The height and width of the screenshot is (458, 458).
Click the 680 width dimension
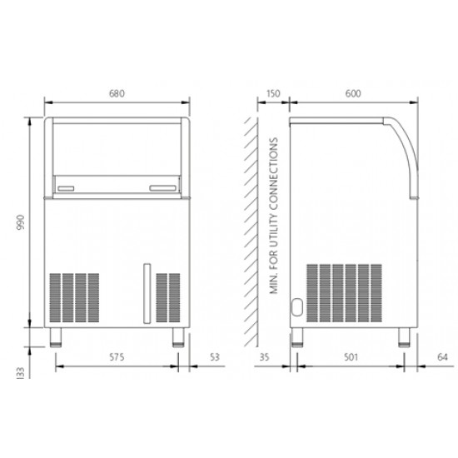pyautogui.click(x=117, y=93)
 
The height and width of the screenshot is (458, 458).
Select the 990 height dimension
pyautogui.click(x=21, y=222)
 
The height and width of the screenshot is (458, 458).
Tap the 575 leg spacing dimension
pyautogui.click(x=117, y=357)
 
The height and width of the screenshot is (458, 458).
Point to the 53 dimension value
pyautogui.click(x=215, y=357)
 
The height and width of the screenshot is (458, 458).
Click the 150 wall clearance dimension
pyautogui.click(x=273, y=93)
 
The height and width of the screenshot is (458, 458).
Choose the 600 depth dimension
pyautogui.click(x=353, y=93)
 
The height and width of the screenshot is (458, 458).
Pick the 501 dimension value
pyautogui.click(x=351, y=357)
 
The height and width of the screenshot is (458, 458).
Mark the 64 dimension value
pyautogui.click(x=442, y=357)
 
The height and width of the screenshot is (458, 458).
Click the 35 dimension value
pyautogui.click(x=264, y=357)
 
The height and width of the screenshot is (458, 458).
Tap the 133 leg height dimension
pyautogui.click(x=21, y=373)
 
